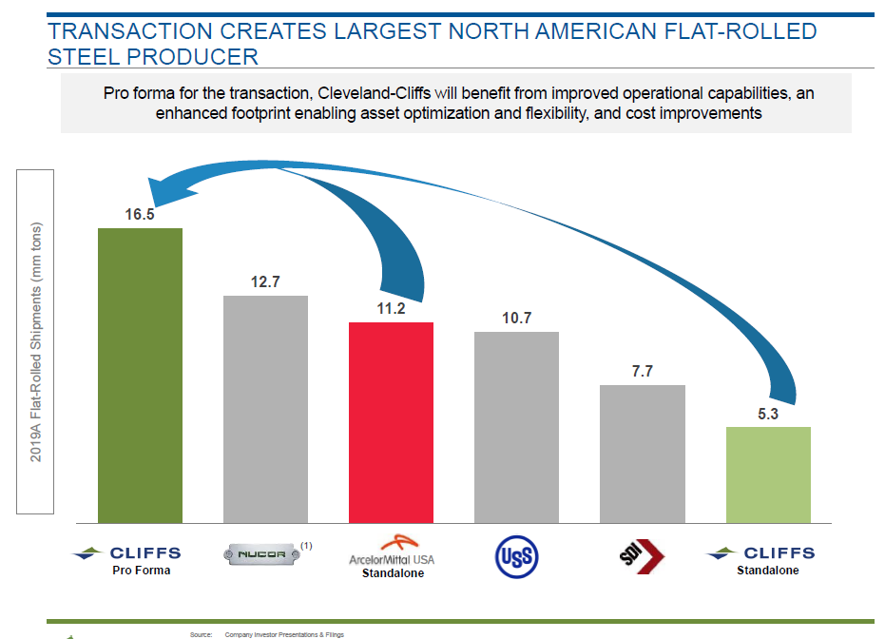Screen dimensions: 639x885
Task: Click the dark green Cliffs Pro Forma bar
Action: [140, 376]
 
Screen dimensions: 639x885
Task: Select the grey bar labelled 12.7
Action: [265, 409]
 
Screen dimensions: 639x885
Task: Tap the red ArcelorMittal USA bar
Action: [391, 422]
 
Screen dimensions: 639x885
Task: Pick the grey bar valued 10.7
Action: [516, 427]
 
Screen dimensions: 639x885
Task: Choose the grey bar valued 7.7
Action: [642, 454]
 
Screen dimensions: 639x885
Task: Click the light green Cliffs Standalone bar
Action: [768, 474]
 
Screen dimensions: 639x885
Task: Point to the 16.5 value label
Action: [140, 215]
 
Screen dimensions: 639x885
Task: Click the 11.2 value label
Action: [391, 309]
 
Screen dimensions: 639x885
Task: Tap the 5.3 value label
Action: [768, 414]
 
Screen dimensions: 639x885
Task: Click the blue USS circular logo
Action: [516, 555]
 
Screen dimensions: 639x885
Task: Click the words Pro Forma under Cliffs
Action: [140, 571]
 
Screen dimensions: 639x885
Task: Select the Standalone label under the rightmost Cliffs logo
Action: [768, 571]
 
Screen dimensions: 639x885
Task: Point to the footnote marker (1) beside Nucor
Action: [306, 545]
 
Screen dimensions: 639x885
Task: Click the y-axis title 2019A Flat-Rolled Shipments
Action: [36, 342]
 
